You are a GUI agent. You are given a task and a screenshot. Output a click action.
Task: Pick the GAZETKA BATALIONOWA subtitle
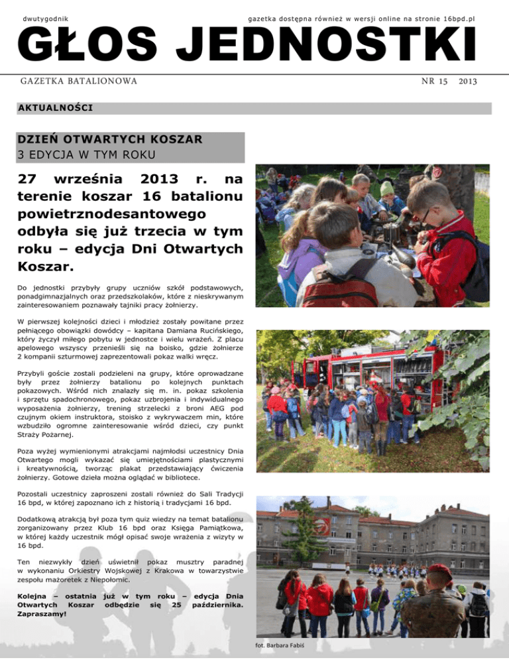78,81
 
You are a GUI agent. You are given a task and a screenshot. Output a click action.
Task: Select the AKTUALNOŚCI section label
55,107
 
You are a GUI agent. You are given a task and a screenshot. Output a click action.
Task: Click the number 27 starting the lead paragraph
30,180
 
